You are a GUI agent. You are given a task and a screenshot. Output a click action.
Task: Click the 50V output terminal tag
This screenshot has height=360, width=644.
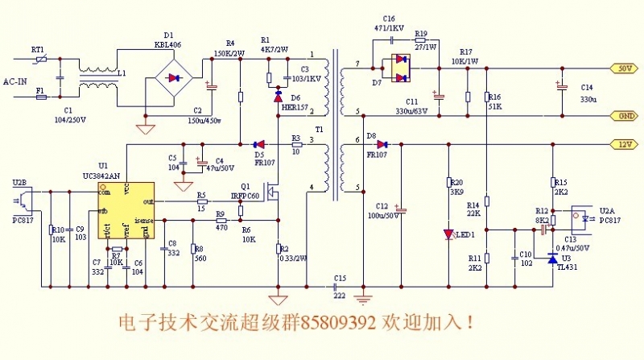click(624, 68)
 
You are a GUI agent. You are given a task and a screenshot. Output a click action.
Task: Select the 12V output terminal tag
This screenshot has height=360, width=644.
click(624, 144)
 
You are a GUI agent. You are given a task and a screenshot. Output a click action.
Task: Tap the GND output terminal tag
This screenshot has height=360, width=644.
click(624, 115)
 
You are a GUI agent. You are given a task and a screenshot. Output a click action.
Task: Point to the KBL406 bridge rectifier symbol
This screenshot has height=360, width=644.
click(172, 78)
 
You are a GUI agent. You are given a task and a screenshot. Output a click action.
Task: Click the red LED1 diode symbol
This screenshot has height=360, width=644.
click(449, 234)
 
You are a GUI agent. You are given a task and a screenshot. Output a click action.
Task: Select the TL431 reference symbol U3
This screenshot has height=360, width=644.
click(552, 259)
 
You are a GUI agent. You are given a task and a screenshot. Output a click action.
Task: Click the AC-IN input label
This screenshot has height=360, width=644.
click(16, 81)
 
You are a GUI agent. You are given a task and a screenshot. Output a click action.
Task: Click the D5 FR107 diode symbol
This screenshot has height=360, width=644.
click(259, 144)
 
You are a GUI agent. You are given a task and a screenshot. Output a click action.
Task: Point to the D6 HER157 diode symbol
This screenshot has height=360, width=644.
click(278, 95)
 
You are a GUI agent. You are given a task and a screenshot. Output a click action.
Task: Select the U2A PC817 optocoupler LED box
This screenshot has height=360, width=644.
click(583, 217)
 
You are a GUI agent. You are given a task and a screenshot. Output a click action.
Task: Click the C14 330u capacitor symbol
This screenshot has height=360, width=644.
click(559, 85)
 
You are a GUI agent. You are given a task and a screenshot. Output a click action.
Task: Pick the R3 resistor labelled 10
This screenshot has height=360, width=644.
click(296, 144)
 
